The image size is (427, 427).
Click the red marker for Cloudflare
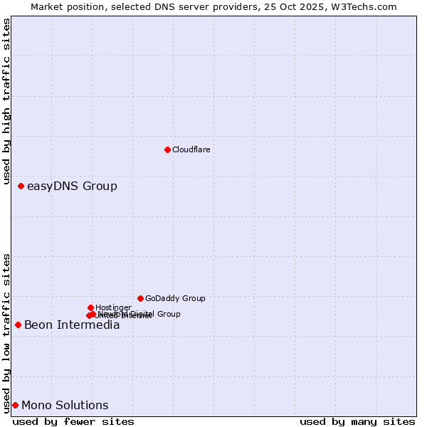pyautogui.click(x=167, y=149)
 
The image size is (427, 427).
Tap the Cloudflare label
pyautogui.click(x=191, y=149)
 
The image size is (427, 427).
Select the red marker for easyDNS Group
pyautogui.click(x=21, y=186)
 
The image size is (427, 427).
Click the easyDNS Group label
pyautogui.click(x=72, y=186)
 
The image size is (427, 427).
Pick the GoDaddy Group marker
pyautogui.click(x=140, y=298)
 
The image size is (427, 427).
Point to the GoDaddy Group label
pyautogui.click(x=175, y=299)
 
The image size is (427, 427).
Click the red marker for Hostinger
pyautogui.click(x=90, y=307)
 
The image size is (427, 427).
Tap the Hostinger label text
pyautogui.click(x=113, y=307)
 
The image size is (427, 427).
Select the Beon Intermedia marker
pyautogui.click(x=18, y=325)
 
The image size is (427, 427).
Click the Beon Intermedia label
pyautogui.click(x=72, y=325)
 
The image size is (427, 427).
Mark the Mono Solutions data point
pyautogui.click(x=15, y=405)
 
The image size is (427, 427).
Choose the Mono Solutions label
pyautogui.click(x=65, y=406)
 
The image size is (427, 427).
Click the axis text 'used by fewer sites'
pyautogui.click(x=73, y=421)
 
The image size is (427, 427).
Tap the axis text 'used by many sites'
pyautogui.click(x=357, y=421)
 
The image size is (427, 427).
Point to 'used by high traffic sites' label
pyautogui.click(x=6, y=102)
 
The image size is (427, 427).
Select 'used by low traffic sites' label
pyautogui.click(x=6, y=332)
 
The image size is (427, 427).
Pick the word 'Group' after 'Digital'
pyautogui.click(x=168, y=314)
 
